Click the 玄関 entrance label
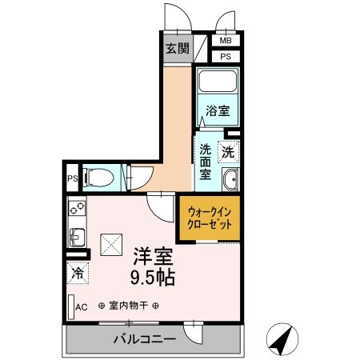[x=178, y=48]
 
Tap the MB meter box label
[x=226, y=40]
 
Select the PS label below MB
[x=226, y=56]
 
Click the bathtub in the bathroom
[x=218, y=83]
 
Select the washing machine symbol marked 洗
[x=228, y=150]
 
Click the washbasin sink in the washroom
[x=230, y=180]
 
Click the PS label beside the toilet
[x=72, y=178]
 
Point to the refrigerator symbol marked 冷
[x=78, y=274]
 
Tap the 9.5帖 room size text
[x=152, y=278]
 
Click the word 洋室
[x=151, y=257]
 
